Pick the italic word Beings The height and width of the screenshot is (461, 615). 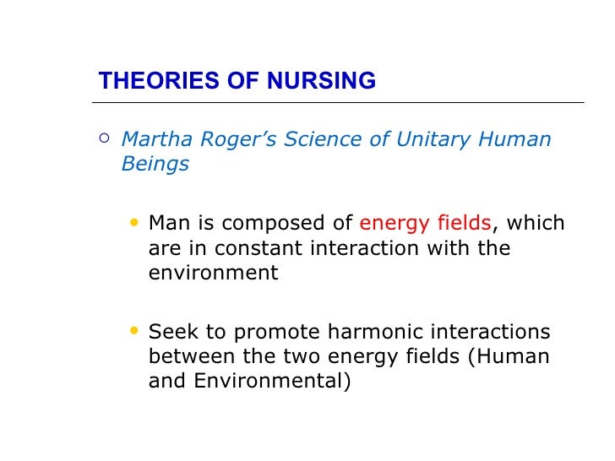coord(155,164)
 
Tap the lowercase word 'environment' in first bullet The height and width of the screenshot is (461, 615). coord(213,274)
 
